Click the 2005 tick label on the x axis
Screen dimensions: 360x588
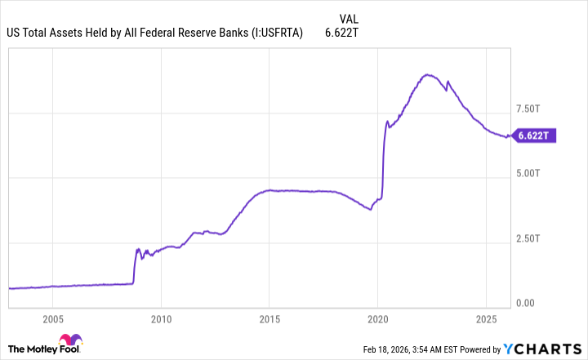point(52,318)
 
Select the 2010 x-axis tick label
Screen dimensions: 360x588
point(161,318)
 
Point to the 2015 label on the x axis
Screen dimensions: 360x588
point(269,318)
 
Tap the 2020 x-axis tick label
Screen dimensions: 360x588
point(377,318)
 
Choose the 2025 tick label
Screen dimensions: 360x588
point(486,318)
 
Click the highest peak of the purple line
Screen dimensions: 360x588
point(426,74)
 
